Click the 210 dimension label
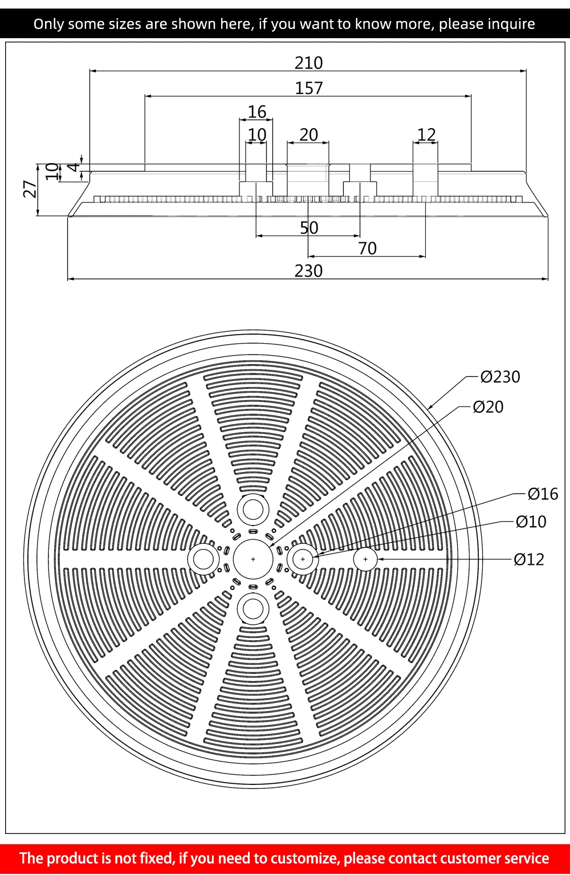pos(308,63)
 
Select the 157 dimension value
pos(308,88)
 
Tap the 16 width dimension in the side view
pos(257,112)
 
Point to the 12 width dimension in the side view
pos(426,135)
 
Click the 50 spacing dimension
pos(309,228)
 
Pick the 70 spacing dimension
pos(367,249)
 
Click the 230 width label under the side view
pos(308,271)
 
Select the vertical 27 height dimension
pos(30,189)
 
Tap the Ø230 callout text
pos(500,377)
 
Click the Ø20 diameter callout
pos(488,407)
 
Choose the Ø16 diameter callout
pos(543,494)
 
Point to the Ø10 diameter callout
pos(531,522)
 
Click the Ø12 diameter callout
pos(529,559)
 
